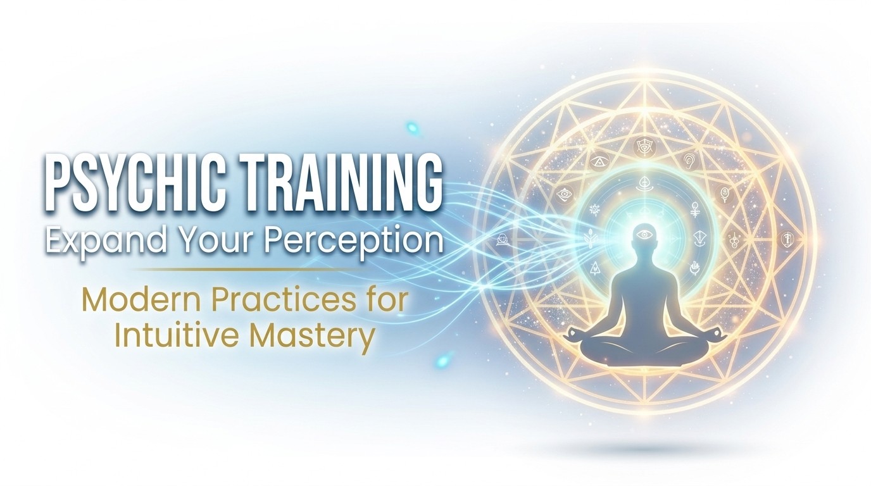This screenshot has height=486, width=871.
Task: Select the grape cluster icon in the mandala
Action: [x=734, y=240]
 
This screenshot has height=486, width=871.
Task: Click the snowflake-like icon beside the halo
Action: [x=594, y=210]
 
